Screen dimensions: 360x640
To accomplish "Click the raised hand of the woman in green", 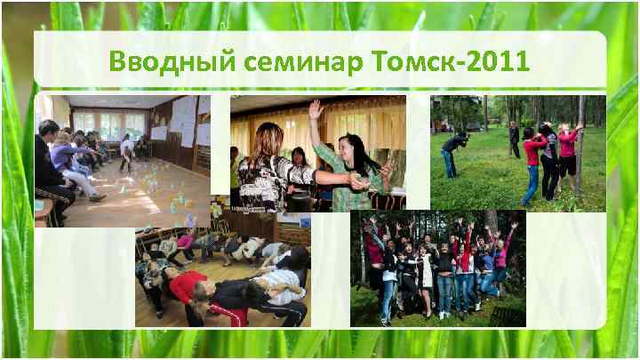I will [314, 109].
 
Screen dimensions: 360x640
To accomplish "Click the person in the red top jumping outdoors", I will [531, 160].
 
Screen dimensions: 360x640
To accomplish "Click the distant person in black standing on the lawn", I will [515, 139].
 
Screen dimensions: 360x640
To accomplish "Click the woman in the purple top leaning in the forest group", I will [500, 259].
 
